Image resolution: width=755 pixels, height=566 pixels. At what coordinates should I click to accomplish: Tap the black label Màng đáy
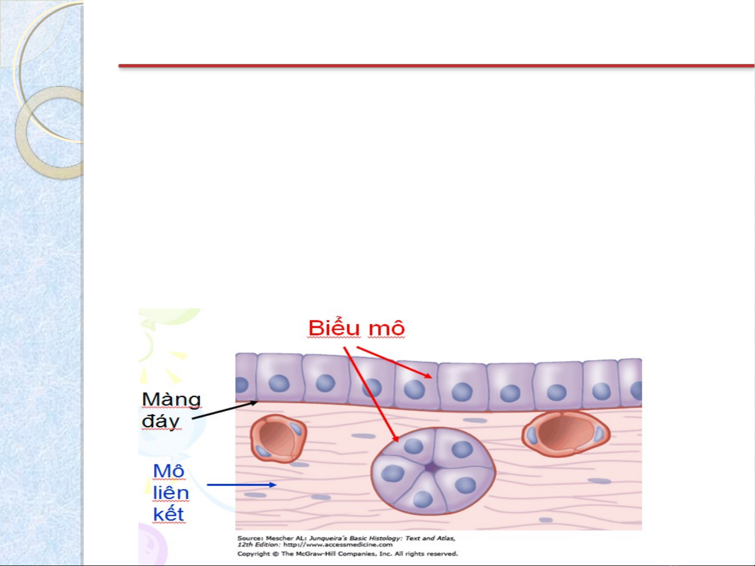pos(171,409)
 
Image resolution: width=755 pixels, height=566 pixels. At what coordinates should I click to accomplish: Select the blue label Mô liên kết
pos(171,493)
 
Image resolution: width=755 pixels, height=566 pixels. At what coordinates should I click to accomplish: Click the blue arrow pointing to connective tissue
pos(242,484)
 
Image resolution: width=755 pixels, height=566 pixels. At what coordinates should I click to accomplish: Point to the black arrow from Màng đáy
pos(225,409)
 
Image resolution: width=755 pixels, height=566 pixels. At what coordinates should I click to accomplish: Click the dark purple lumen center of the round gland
pos(431,468)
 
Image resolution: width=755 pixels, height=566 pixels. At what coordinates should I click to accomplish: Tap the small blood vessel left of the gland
pos(278,438)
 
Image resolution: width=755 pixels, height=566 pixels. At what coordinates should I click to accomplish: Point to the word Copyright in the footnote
pos(254,553)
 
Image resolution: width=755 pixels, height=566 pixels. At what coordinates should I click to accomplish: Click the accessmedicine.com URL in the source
pos(338,545)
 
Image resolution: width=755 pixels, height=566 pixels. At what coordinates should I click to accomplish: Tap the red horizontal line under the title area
pos(436,65)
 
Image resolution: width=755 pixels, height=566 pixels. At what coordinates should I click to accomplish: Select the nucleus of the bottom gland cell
pos(423,499)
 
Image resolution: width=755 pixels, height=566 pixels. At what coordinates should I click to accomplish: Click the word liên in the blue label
pos(171,493)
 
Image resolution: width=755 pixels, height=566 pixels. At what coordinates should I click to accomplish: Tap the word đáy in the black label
pos(161,421)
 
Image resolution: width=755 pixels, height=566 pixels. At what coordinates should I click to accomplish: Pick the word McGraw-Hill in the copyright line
pos(315,553)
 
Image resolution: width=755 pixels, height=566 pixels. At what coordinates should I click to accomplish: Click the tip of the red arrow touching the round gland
pos(398,441)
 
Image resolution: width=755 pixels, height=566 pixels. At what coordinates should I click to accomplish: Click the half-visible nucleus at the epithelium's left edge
pos(242,385)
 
